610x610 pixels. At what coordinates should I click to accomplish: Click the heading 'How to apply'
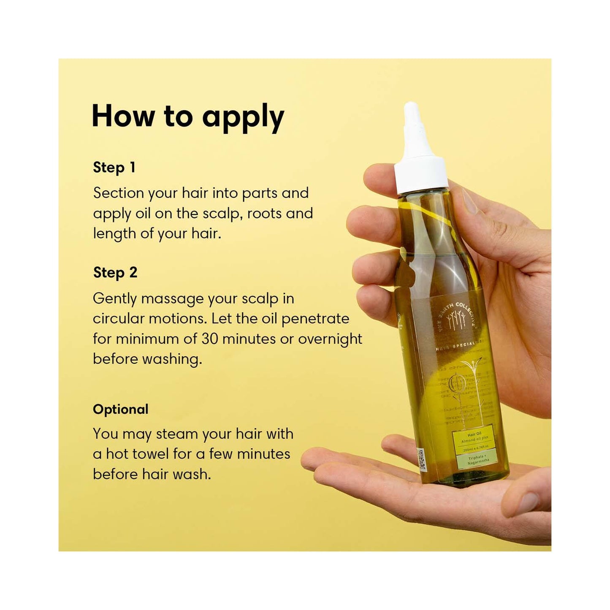pos(188,117)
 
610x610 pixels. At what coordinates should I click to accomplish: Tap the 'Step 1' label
pos(114,168)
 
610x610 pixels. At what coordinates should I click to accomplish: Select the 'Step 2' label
pos(115,273)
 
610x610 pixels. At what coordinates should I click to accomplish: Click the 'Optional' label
pos(120,409)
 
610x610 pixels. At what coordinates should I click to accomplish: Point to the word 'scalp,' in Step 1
pos(221,214)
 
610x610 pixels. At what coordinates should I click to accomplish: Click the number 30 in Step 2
pos(209,339)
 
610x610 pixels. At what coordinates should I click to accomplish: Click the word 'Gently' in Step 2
pos(115,299)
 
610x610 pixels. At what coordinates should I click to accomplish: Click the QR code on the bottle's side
pos(421,460)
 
